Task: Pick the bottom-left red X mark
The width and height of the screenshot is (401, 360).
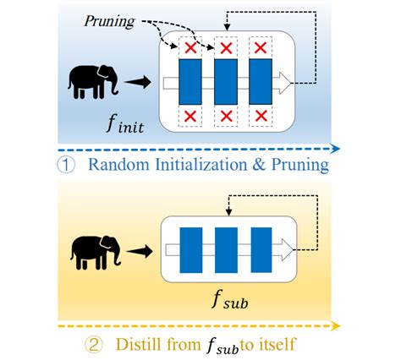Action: click(191, 115)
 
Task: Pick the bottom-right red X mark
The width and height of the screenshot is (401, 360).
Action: click(261, 115)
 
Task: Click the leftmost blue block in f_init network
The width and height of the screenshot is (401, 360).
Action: click(190, 82)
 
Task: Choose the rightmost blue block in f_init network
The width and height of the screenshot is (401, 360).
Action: click(260, 82)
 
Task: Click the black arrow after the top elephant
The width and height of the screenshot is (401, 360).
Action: click(138, 82)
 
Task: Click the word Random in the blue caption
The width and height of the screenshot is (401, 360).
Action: click(124, 166)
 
